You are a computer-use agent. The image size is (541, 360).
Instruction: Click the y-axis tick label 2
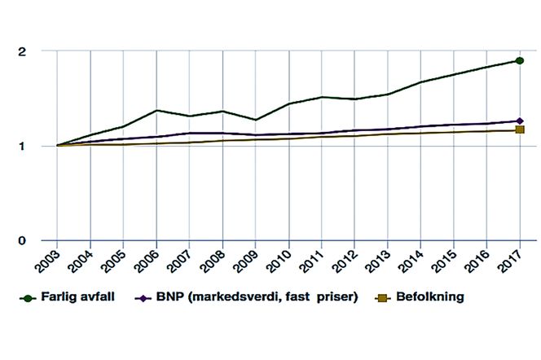(23, 51)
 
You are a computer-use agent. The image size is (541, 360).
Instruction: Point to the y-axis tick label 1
(23, 146)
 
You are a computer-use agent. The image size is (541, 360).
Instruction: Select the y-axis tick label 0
(23, 240)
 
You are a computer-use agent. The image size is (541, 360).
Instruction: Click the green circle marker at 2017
(519, 61)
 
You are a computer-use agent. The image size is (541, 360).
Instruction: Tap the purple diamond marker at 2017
(519, 121)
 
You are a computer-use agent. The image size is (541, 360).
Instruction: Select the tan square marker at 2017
(519, 130)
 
